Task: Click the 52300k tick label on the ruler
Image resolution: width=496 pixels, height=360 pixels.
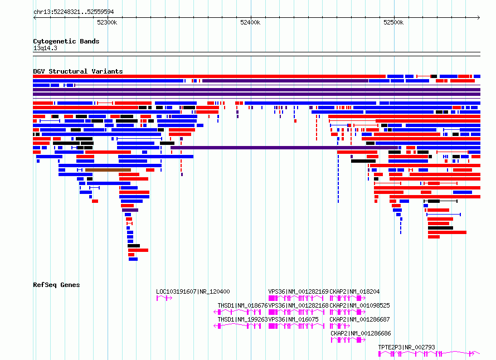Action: (107, 22)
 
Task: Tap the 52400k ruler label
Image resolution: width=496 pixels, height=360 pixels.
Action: (250, 22)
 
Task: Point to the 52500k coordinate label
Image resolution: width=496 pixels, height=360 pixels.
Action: (393, 22)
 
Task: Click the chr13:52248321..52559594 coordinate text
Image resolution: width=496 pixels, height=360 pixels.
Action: (74, 12)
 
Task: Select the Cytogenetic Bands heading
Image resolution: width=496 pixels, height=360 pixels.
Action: (66, 41)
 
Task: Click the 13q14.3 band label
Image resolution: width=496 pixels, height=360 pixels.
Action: (45, 48)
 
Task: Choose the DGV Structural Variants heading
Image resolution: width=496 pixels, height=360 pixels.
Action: (78, 71)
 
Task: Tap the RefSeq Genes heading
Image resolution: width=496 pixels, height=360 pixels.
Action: (56, 285)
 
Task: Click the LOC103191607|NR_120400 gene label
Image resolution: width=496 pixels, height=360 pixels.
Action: (193, 291)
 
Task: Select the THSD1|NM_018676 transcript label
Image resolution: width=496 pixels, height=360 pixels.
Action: (242, 305)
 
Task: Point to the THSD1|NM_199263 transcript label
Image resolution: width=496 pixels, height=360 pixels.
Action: (242, 319)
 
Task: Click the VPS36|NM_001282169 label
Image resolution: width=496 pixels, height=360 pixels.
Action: (298, 291)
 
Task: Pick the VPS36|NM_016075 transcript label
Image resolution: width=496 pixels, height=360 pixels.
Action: (293, 319)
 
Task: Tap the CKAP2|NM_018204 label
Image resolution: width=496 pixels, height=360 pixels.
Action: (354, 291)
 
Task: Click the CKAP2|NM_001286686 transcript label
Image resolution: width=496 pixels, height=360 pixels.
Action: (361, 333)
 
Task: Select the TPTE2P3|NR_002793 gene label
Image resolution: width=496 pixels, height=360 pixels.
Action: (406, 347)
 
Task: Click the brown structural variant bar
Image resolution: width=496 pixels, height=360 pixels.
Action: (108, 170)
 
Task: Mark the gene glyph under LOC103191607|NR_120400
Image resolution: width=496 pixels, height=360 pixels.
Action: (164, 298)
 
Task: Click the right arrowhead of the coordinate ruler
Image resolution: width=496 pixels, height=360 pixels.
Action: (479, 18)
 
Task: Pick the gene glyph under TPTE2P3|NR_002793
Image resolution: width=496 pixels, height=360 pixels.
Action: (429, 354)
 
